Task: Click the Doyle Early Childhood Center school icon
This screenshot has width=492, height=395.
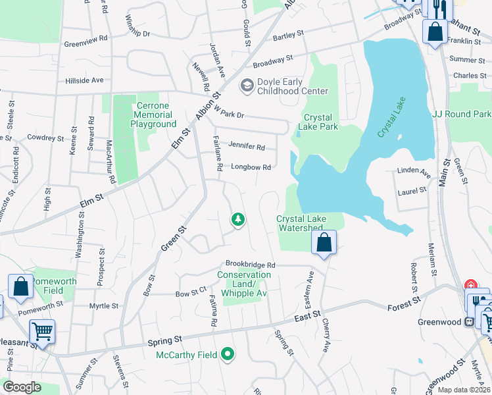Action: point(247,85)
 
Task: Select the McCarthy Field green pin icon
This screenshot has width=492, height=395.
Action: point(228,355)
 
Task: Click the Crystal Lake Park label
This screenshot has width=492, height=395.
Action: point(320,122)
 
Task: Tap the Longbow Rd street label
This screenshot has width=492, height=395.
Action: point(251,167)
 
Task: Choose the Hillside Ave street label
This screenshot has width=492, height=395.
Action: point(84,80)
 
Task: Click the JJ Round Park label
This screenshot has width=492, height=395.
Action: point(461,114)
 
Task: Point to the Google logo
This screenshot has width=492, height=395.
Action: point(22,387)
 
